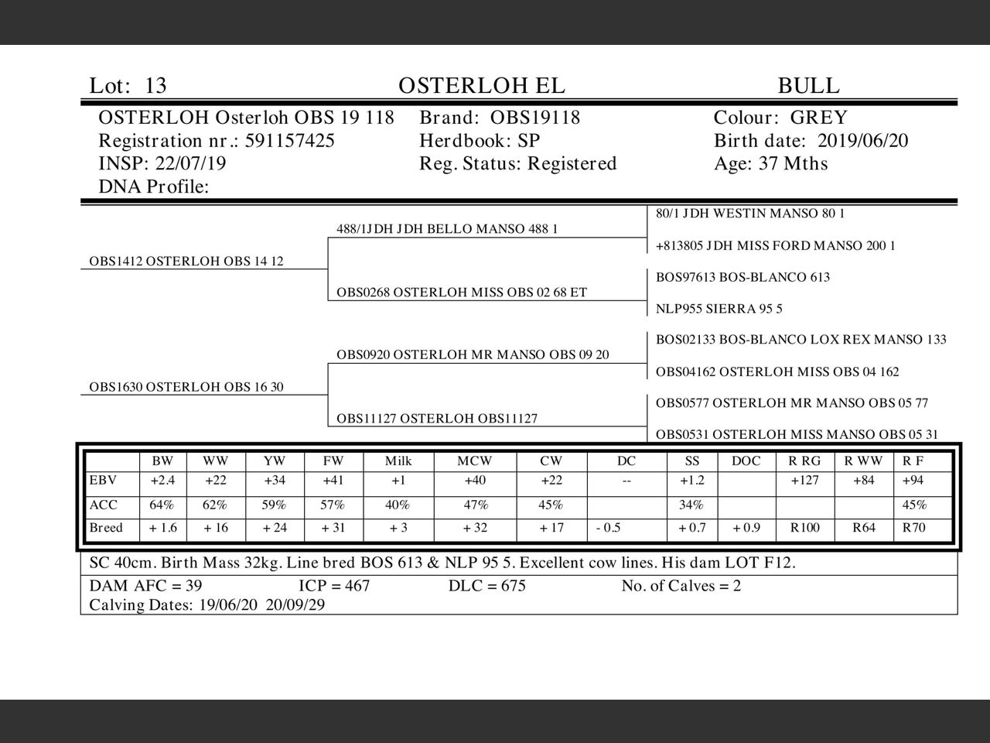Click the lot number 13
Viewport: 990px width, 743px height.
pos(155,86)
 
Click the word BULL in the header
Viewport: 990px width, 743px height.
pos(808,86)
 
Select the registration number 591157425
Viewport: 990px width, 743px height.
pos(290,141)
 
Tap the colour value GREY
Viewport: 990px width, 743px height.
pos(818,118)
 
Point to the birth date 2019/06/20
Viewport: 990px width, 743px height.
pos(862,141)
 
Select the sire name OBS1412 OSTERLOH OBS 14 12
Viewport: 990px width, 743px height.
pos(186,262)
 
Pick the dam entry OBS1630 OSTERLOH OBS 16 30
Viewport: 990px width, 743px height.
pos(186,387)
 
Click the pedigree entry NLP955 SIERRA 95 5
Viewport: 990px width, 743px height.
pos(719,309)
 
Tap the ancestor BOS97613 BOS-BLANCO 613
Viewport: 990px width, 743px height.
pos(742,277)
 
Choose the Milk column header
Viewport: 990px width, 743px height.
pos(398,461)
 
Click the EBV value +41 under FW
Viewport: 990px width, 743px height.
pos(333,481)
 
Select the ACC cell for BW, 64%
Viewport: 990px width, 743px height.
pos(162,505)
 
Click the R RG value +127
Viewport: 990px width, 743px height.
pos(804,481)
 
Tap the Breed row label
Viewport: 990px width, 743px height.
pos(106,529)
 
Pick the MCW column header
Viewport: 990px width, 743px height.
pos(474,461)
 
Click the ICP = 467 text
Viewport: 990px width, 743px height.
pos(334,586)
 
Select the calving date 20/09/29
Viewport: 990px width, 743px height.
pos(295,605)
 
